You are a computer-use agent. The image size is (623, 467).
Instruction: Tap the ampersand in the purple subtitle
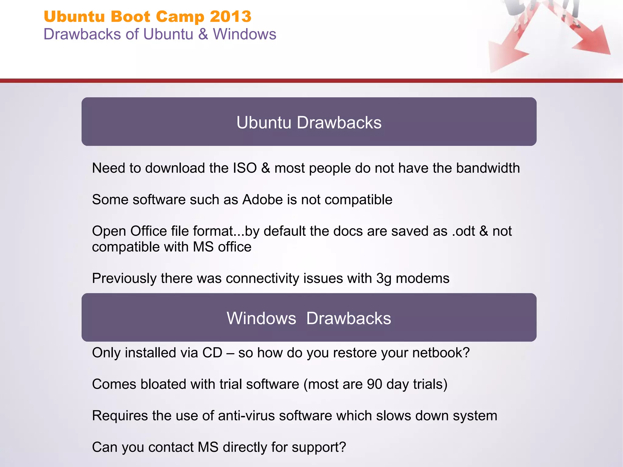pos(203,34)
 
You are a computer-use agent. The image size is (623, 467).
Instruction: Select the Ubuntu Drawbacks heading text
pos(309,123)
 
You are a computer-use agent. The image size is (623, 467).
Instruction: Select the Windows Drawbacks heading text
pos(309,319)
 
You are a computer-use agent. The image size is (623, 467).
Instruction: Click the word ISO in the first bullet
pos(245,168)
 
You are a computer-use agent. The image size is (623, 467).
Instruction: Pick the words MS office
pos(222,247)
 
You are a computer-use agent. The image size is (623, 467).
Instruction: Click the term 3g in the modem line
pos(384,279)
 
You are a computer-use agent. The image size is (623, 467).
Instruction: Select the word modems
pos(423,278)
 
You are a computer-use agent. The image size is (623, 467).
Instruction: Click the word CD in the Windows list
pos(212,353)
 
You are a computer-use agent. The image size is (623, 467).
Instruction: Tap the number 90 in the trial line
pos(374,384)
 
